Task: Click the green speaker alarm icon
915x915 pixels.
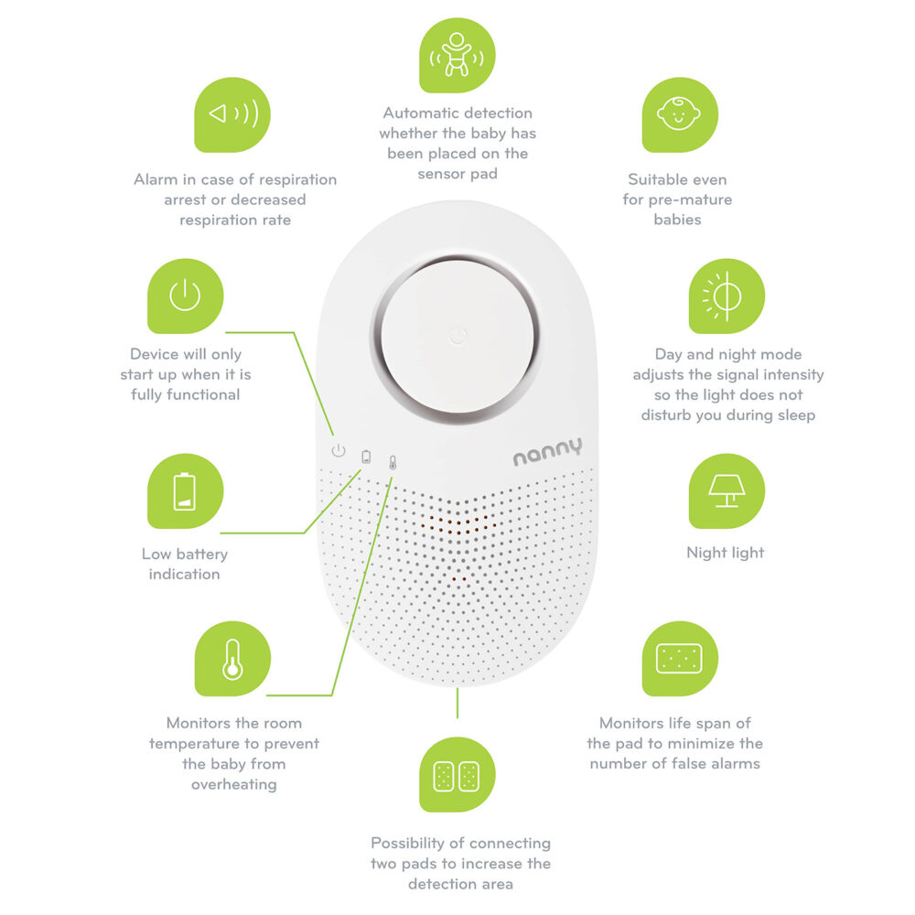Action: click(x=232, y=115)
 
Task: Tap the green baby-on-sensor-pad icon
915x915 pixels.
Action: click(x=457, y=55)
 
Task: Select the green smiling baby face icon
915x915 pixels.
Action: click(x=680, y=115)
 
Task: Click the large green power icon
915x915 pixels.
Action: click(x=185, y=296)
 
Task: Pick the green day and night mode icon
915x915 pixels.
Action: click(x=727, y=296)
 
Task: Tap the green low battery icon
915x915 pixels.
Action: click(x=185, y=490)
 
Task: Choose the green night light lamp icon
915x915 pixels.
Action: click(x=727, y=490)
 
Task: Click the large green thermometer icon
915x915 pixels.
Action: click(x=232, y=658)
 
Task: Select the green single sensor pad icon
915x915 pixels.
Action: click(x=680, y=658)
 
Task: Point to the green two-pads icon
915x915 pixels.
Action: click(x=457, y=774)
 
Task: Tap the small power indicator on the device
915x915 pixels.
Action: click(x=339, y=450)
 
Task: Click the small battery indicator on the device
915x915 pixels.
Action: click(x=366, y=457)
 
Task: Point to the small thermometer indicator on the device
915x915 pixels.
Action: click(x=393, y=463)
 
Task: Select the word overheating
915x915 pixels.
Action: click(x=234, y=784)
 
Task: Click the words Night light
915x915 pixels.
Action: click(x=726, y=553)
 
